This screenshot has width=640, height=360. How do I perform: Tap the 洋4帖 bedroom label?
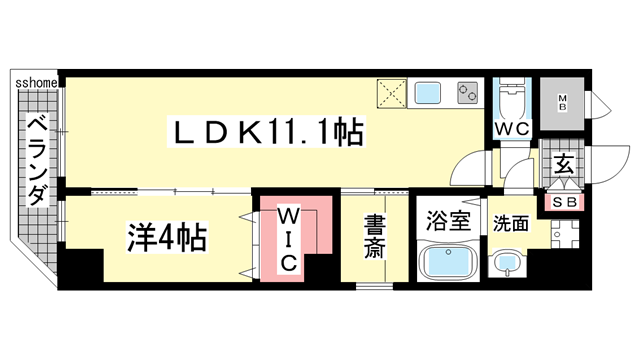[167, 239]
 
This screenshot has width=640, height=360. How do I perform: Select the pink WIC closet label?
[288, 239]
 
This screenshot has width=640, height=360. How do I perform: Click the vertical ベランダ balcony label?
[34, 161]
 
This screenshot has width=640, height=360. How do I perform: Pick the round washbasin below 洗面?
[509, 265]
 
